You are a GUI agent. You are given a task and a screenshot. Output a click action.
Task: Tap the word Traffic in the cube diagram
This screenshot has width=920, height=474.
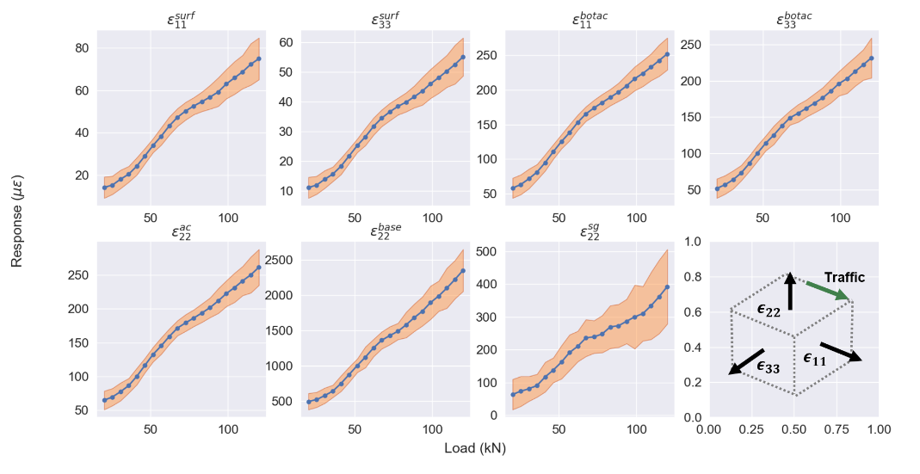point(843,278)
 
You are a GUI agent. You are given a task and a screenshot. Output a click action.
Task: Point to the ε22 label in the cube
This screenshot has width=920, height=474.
point(769,311)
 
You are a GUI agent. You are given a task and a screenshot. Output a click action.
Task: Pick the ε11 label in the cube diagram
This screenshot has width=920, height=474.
point(814,359)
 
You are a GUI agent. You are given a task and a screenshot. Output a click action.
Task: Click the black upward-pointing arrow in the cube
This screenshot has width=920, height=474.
point(790,292)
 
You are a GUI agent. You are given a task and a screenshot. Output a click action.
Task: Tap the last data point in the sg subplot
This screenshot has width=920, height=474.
point(667,287)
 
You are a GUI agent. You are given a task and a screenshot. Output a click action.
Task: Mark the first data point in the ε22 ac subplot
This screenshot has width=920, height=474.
point(104,400)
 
